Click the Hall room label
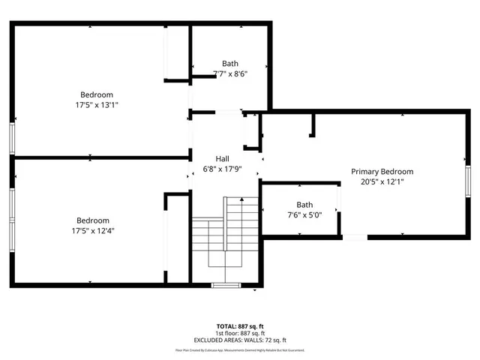pos(223,159)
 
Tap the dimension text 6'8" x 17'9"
pos(223,169)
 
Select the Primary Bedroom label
pos(382,172)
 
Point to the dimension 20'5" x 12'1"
pos(382,182)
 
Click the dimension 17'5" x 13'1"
pos(97,105)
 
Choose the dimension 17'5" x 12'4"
pos(97,231)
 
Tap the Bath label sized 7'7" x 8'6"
pos(230,63)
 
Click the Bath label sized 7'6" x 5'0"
pos(304,205)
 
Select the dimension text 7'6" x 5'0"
pos(304,215)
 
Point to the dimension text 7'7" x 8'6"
pos(230,73)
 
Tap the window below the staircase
pos(225,285)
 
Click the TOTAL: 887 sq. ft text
pos(239,326)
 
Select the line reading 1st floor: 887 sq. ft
pos(239,333)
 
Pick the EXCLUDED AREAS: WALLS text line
pos(239,340)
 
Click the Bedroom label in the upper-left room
pos(97,94)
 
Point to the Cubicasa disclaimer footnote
pos(239,350)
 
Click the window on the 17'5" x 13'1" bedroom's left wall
pos(11,138)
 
